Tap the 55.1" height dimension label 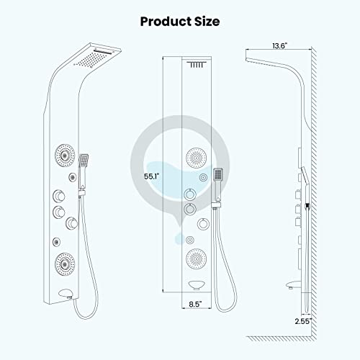[x=152, y=175]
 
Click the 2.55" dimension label [x=303, y=320]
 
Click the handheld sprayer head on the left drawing [x=86, y=160]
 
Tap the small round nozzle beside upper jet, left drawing [x=73, y=176]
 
